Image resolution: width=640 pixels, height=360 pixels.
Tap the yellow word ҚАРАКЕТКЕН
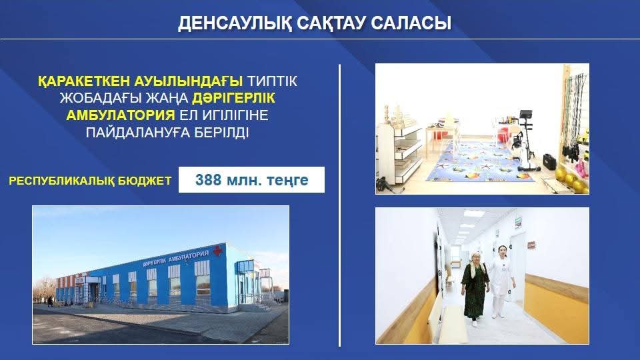[x=85, y=81]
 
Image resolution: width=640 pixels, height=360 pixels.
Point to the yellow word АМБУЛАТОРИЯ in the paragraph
[x=121, y=115]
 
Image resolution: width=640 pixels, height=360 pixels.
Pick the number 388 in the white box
[x=208, y=179]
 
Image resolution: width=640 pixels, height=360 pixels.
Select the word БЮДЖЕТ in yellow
[x=145, y=181]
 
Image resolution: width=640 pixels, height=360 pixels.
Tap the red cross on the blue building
[x=217, y=250]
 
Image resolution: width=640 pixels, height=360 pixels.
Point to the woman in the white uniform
[x=501, y=281]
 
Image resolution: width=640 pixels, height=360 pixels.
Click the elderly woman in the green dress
[x=474, y=289]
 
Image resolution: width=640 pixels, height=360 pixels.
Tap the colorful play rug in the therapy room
[x=479, y=163]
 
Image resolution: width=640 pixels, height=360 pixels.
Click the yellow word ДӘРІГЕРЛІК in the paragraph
[x=233, y=98]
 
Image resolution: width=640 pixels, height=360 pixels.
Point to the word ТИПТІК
[x=272, y=81]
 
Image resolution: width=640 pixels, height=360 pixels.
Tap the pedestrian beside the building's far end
[x=50, y=301]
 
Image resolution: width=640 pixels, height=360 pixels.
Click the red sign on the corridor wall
[x=531, y=245]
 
